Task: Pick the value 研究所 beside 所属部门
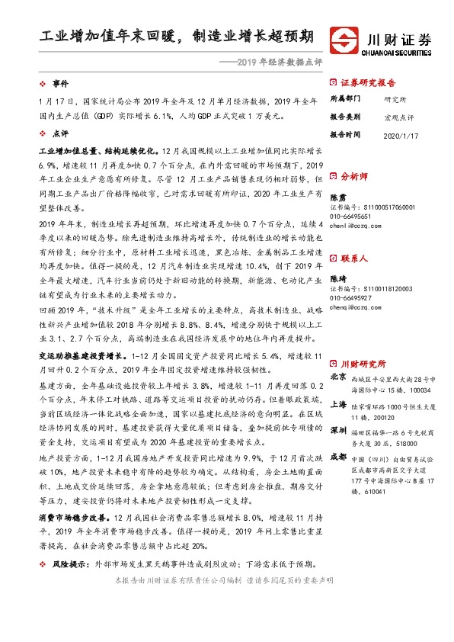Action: click(395, 98)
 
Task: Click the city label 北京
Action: click(338, 377)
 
